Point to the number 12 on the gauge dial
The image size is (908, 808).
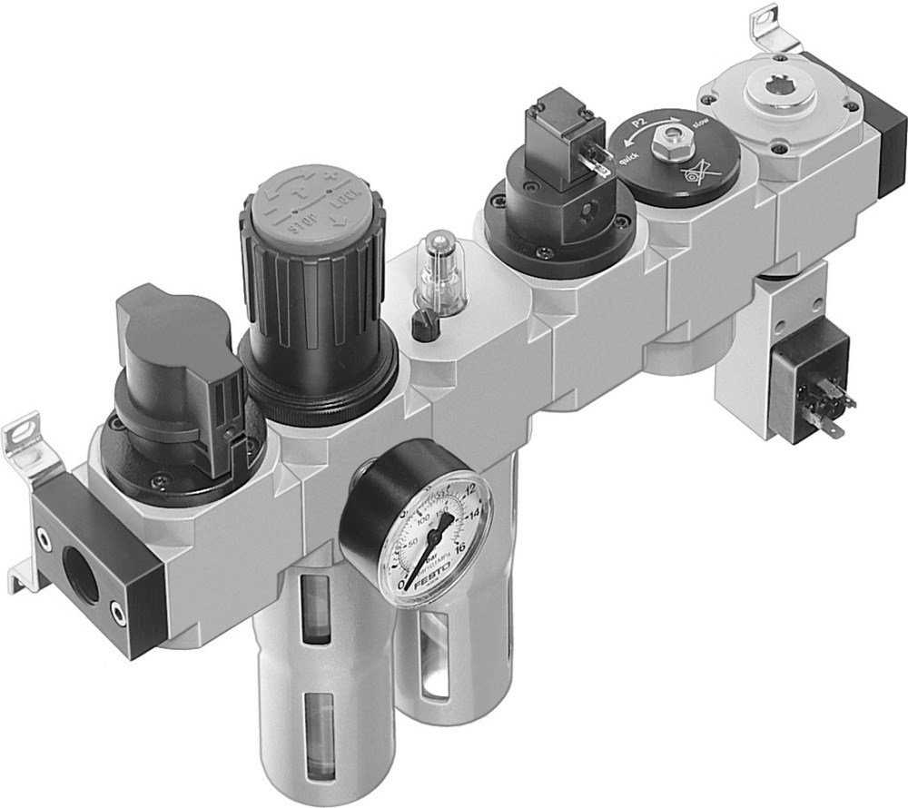click(469, 490)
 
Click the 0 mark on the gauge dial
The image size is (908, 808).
click(402, 585)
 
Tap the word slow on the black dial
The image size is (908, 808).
click(701, 123)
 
